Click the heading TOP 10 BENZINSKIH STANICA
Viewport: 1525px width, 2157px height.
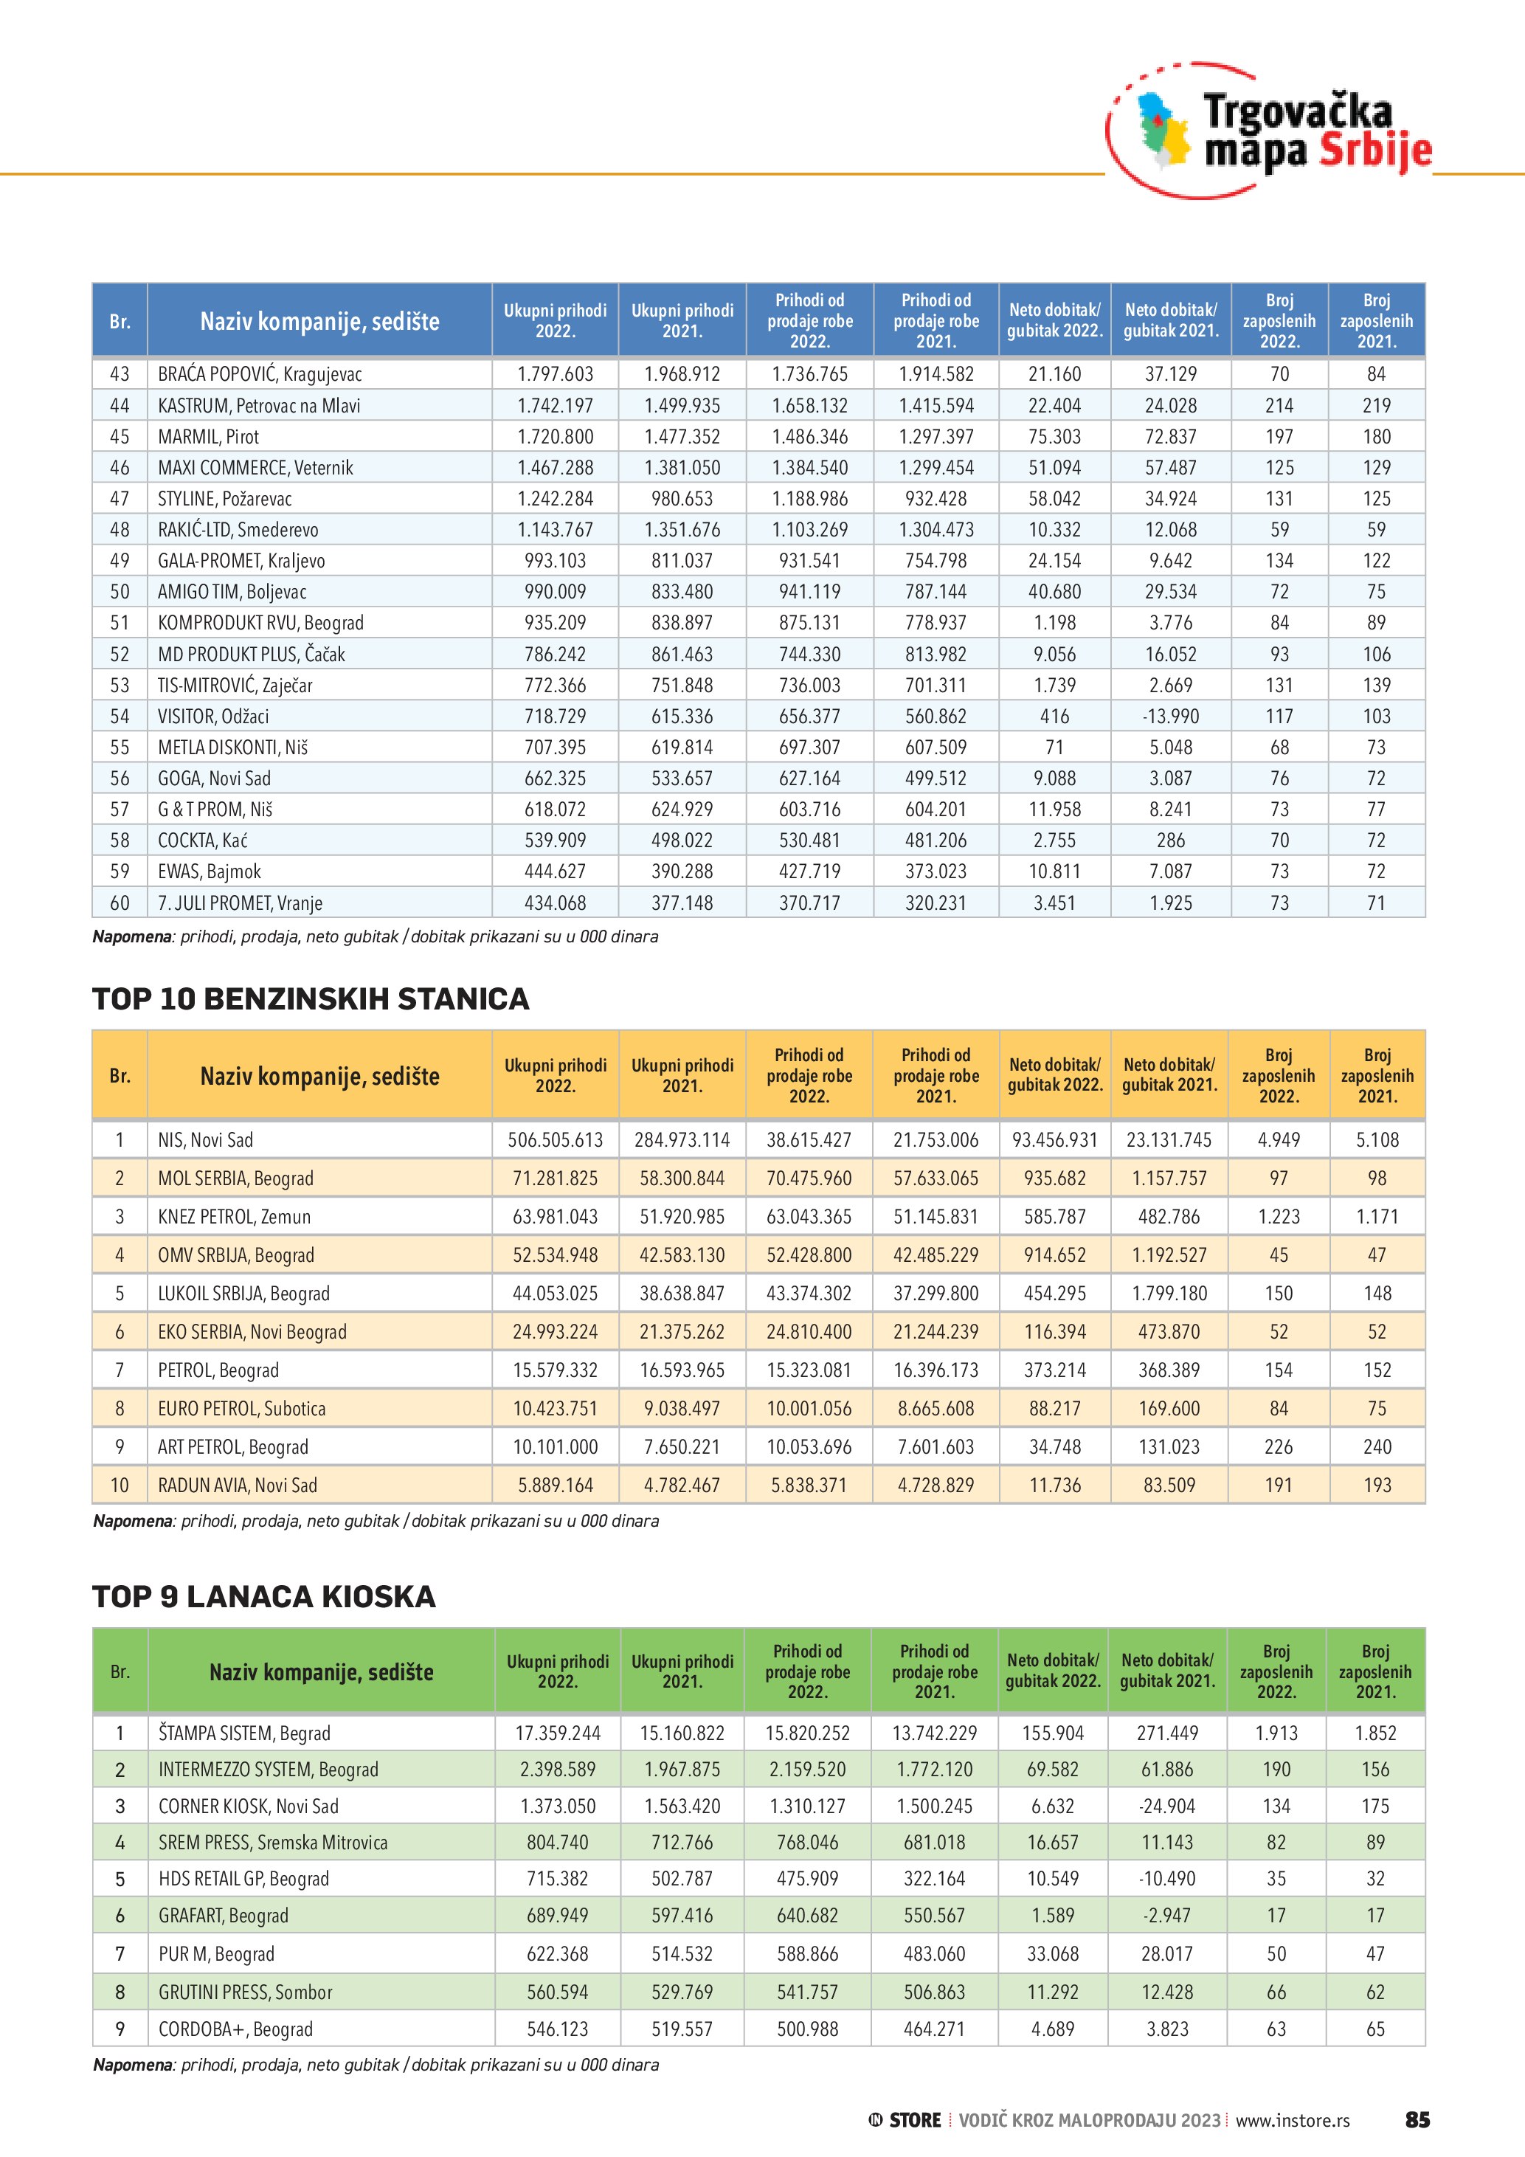[x=311, y=998]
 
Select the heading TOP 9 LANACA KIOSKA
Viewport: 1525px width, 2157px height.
[x=264, y=1596]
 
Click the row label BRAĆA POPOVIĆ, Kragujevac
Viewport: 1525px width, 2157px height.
[x=259, y=374]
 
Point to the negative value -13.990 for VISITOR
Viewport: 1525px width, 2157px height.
[x=1170, y=717]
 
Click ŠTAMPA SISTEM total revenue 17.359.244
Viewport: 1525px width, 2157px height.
[x=557, y=1733]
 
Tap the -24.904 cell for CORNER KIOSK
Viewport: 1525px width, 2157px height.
[x=1167, y=1806]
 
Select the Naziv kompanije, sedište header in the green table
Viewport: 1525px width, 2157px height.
[x=321, y=1672]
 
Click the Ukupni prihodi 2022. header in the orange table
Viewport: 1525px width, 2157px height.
[x=555, y=1076]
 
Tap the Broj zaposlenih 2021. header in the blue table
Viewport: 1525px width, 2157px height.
[x=1376, y=320]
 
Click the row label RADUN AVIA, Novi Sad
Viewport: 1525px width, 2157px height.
[x=238, y=1486]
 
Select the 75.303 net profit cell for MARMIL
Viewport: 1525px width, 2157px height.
[x=1054, y=437]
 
